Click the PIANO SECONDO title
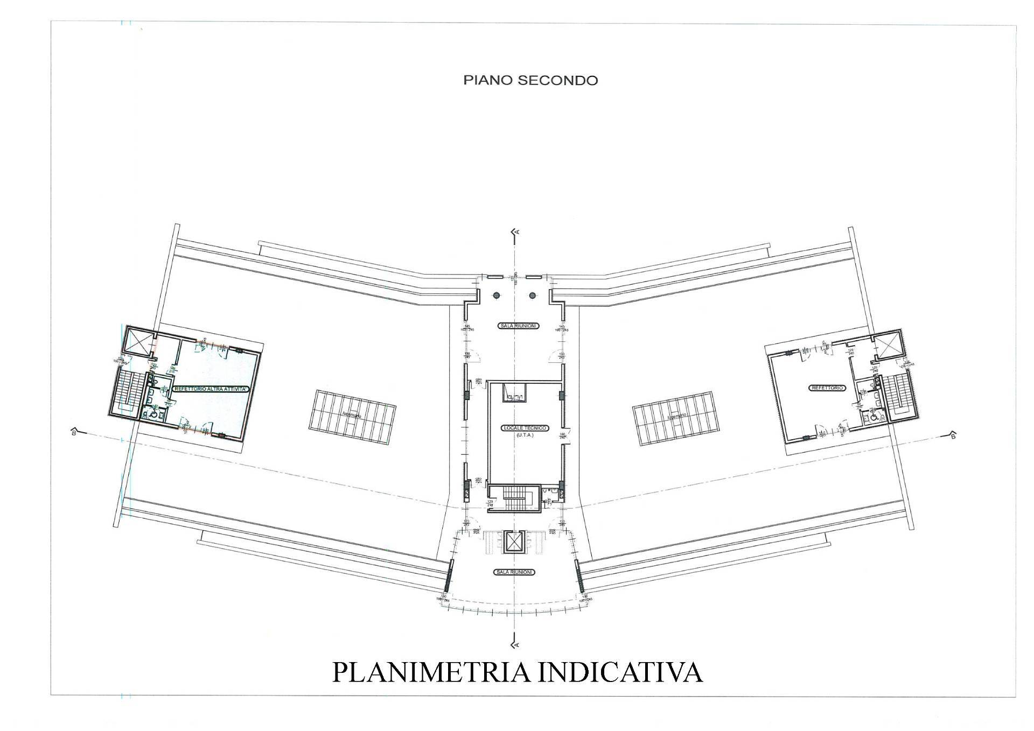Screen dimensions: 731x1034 (530, 81)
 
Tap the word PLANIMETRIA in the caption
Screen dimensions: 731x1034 (426, 672)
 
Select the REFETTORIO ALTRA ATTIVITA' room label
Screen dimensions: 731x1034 (211, 389)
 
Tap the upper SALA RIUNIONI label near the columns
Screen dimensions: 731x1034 (516, 326)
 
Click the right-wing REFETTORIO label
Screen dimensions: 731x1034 (827, 388)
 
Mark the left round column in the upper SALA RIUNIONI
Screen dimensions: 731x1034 (498, 295)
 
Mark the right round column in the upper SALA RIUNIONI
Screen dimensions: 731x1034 (533, 295)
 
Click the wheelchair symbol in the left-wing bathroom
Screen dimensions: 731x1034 (155, 415)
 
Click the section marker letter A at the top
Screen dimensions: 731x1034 (518, 231)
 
